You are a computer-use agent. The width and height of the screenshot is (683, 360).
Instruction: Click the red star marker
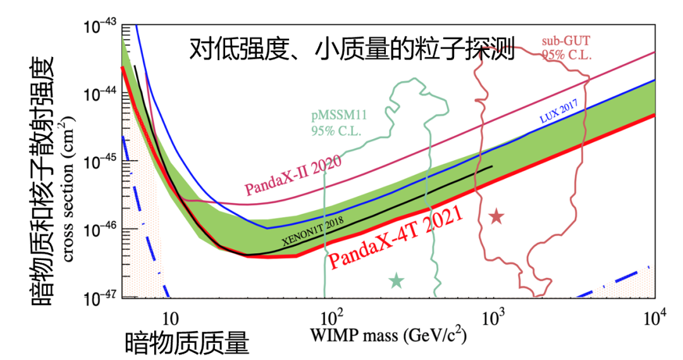(x=496, y=217)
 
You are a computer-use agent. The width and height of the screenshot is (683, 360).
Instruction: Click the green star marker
(x=397, y=280)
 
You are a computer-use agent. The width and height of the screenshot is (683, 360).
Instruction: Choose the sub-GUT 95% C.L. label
(x=566, y=48)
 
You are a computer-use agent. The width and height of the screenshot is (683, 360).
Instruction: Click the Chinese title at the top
(x=352, y=49)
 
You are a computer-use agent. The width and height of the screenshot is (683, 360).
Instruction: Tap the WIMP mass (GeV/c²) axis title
(x=388, y=335)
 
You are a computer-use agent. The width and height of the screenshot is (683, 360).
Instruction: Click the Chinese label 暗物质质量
(x=188, y=342)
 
